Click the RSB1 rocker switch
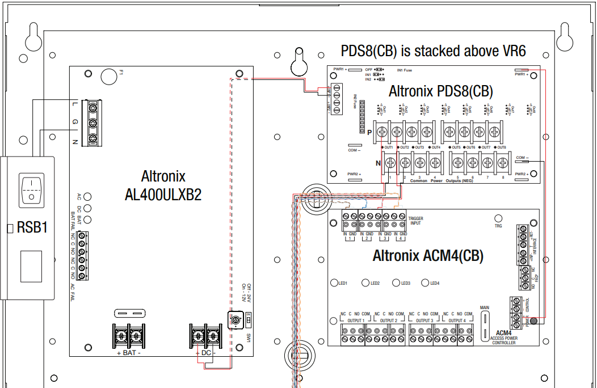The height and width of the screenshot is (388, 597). pyautogui.click(x=32, y=189)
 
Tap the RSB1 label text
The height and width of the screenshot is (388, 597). pyautogui.click(x=32, y=227)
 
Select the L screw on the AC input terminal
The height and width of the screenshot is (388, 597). pyautogui.click(x=93, y=106)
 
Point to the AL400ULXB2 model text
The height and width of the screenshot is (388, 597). pyautogui.click(x=163, y=195)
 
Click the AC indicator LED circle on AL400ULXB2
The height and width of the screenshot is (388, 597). pyautogui.click(x=87, y=197)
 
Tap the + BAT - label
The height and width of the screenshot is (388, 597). pyautogui.click(x=129, y=353)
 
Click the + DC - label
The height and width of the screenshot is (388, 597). pyautogui.click(x=206, y=353)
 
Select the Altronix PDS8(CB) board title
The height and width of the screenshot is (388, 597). pyautogui.click(x=440, y=91)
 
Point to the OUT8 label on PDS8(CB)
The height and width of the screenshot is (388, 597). pyautogui.click(x=501, y=147)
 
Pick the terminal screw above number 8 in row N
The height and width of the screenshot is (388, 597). pyautogui.click(x=502, y=163)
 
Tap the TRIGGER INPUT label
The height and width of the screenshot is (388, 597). pyautogui.click(x=416, y=221)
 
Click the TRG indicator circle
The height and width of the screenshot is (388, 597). pyautogui.click(x=499, y=218)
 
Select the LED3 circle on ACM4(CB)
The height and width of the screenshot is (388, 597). pyautogui.click(x=395, y=282)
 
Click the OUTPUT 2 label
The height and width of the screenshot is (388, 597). pyautogui.click(x=388, y=320)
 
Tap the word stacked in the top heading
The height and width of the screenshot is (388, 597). pyautogui.click(x=436, y=51)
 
